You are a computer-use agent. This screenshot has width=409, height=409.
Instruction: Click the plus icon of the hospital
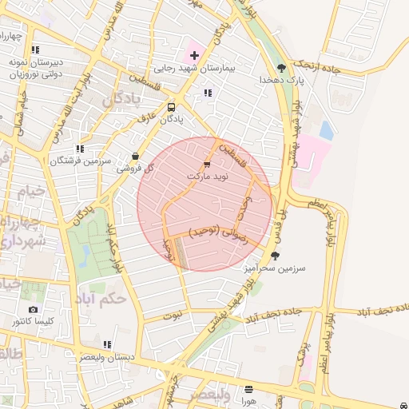[194, 55]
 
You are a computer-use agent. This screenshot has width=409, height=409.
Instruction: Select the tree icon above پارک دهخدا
[280, 67]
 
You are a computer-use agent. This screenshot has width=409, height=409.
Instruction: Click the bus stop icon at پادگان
[171, 107]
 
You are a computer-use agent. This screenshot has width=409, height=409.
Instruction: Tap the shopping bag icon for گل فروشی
[134, 156]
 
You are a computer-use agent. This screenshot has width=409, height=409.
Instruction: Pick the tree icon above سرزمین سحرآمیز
[276, 256]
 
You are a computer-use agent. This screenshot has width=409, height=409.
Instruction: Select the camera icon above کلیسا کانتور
[33, 309]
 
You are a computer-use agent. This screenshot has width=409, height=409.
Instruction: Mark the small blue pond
[326, 130]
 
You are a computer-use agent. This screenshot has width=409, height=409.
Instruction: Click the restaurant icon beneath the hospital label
[208, 93]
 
